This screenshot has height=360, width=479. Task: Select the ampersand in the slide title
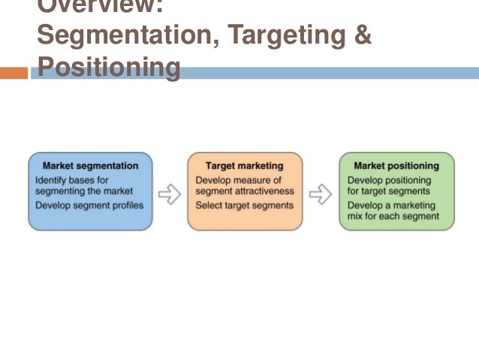[x=362, y=36]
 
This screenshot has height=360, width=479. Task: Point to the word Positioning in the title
[x=108, y=68]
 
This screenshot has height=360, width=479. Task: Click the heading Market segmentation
[x=90, y=166]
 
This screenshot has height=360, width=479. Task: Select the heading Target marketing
[x=245, y=166]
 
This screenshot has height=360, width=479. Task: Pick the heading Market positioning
[x=396, y=166]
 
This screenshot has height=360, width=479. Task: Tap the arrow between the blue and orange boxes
[x=170, y=194]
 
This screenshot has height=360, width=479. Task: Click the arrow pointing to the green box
[x=321, y=194]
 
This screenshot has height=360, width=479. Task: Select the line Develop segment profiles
[x=89, y=205]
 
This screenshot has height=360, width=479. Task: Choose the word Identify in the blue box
[x=50, y=180]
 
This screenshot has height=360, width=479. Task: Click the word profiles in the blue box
[x=126, y=205]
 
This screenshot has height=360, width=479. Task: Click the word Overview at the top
[x=98, y=6]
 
